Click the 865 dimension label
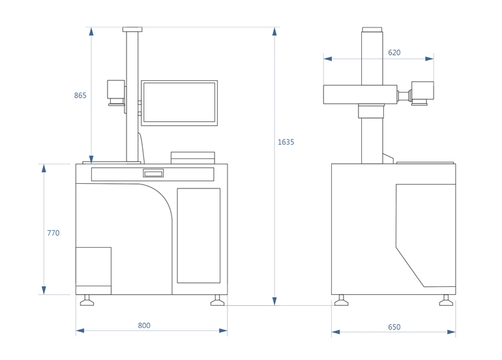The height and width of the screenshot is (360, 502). click(80, 95)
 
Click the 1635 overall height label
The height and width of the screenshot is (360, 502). click(286, 142)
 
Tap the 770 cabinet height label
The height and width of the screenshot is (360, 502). click(53, 233)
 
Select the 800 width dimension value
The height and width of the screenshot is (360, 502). click(144, 325)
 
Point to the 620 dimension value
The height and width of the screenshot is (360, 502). click(394, 53)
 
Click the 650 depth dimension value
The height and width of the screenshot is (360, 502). click(394, 327)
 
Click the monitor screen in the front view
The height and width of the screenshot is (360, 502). click(179, 103)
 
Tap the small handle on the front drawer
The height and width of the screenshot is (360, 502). click(153, 173)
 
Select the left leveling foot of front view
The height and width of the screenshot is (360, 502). click(87, 301)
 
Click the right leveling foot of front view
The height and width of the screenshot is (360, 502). click(217, 301)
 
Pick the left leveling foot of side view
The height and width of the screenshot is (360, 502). click(341, 301)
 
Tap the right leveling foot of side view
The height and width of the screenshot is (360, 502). click(446, 301)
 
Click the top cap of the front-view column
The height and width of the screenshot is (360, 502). click(132, 29)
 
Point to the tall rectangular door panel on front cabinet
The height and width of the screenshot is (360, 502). click(198, 235)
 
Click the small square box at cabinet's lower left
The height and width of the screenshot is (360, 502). click(93, 267)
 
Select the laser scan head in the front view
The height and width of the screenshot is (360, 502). click(116, 93)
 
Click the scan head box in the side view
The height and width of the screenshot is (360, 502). click(422, 93)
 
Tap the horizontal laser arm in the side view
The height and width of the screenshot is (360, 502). click(360, 95)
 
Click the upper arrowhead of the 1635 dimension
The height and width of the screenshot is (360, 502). click(274, 31)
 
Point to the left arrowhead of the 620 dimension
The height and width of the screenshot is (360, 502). click(327, 59)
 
